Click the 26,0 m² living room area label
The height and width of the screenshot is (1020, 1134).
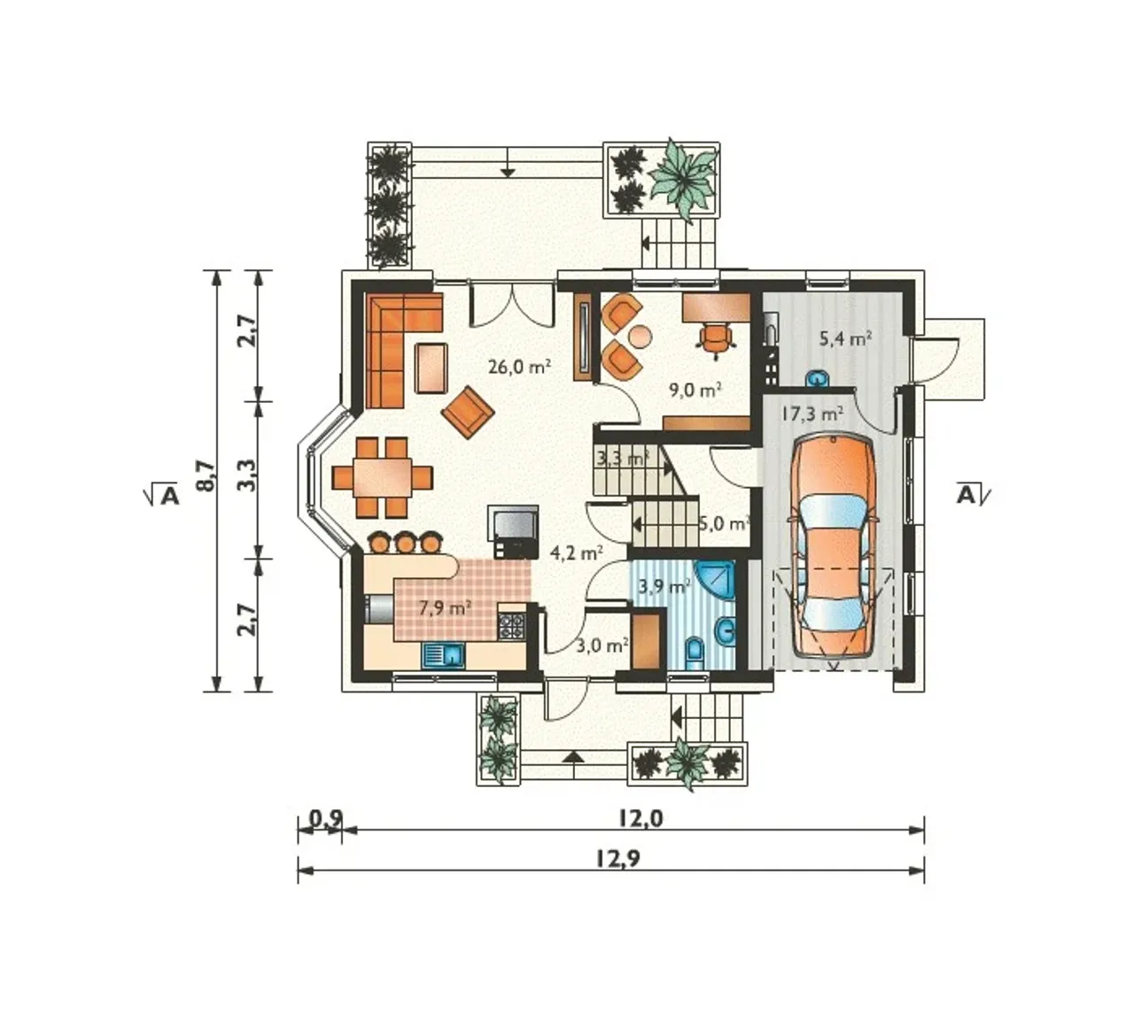pos(519,367)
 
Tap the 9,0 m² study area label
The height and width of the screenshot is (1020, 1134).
pos(695,390)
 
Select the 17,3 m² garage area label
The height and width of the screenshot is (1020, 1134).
pos(812,413)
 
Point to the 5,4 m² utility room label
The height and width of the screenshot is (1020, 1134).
pos(845,338)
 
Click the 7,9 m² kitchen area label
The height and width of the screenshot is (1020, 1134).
pos(445,608)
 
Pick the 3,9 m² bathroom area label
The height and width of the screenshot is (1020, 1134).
pos(664,586)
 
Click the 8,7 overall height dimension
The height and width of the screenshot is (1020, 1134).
pos(207,475)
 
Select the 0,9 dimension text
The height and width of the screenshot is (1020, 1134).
pos(326,818)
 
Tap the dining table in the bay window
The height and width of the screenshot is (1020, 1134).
pos(383,477)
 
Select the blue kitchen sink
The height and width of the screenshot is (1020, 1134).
pos(443,655)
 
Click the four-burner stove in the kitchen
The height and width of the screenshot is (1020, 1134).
pos(511,627)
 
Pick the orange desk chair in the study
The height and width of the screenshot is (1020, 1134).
pos(716,339)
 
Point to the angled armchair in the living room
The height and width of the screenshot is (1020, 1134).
pos(468,412)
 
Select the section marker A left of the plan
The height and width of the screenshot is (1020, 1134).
pos(168,495)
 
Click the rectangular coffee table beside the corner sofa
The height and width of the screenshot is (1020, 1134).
pos(431,368)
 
